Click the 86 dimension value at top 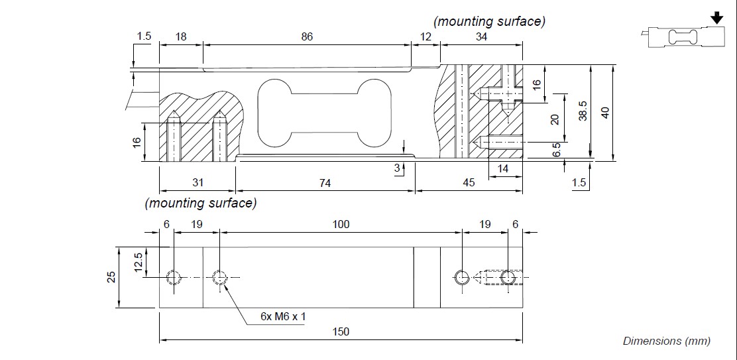pos(306,36)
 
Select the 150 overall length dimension pos(340,331)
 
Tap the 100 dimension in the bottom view pos(340,224)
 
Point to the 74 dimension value pos(324,182)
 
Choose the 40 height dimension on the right pos(604,112)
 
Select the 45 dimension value pos(469,182)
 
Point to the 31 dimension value pos(198,182)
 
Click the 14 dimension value pos(503,168)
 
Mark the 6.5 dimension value pos(557,150)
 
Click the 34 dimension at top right pos(481,36)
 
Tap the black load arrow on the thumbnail pos(715,16)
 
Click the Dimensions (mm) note pos(666,341)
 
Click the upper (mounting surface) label pos(489,21)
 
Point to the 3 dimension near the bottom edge pos(397,168)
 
